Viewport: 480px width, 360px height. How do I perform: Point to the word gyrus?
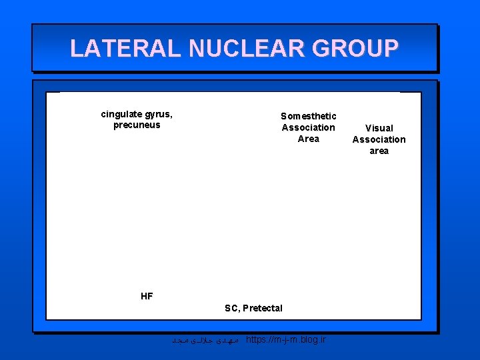coord(161,113)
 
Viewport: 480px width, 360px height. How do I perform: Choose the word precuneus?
coord(137,125)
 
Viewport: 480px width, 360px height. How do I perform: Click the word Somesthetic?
coord(309,116)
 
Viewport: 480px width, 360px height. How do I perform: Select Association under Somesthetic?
coord(309,127)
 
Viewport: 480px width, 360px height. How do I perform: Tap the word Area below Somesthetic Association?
coord(309,139)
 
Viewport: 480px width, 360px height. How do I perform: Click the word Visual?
coord(379,128)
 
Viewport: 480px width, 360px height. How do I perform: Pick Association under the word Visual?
coord(379,139)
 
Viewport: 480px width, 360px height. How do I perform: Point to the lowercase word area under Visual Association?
coord(379,151)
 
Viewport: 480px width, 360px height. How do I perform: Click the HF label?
coord(147,296)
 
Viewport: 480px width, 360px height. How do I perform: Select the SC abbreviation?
coord(231,308)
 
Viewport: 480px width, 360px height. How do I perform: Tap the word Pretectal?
coord(263,308)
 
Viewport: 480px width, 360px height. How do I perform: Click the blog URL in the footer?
coord(286,340)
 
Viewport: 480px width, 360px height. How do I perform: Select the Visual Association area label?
coord(379,139)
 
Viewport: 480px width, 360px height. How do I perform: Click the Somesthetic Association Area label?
coord(309,127)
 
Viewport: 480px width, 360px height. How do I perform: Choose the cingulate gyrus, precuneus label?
coord(137,119)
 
